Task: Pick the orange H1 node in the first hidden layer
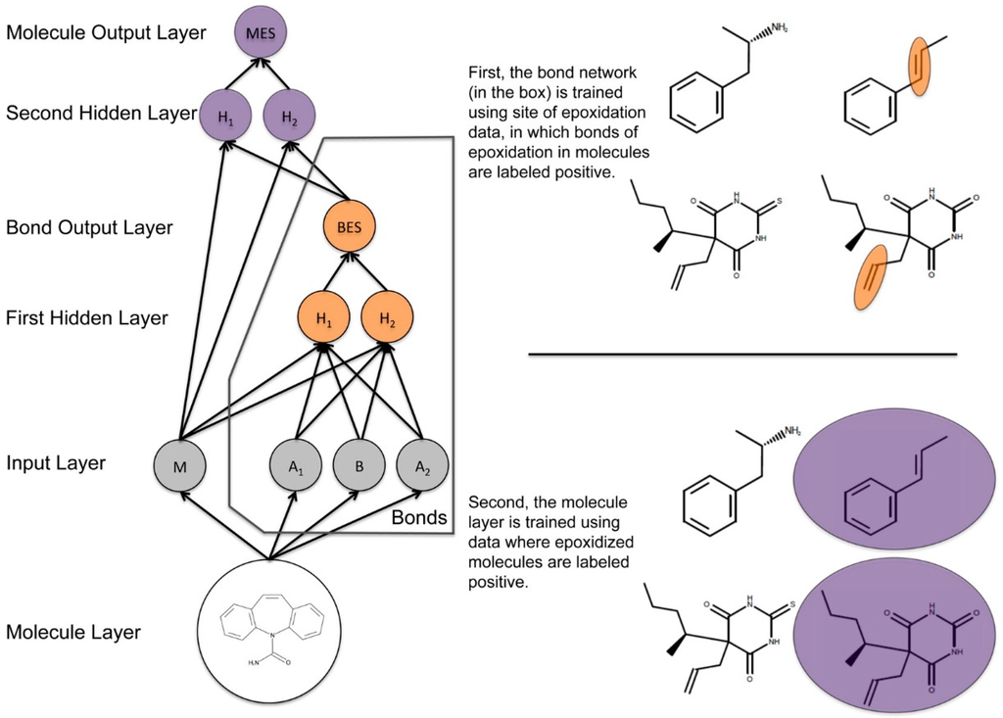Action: (322, 318)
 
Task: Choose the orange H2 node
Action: (387, 318)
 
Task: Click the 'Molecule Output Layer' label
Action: (106, 33)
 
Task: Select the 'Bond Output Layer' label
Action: (89, 228)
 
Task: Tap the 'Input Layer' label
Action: (56, 463)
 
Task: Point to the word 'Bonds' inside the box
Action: (418, 517)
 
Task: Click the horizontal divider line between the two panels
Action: (741, 355)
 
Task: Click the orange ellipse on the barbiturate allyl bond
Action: (870, 275)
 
